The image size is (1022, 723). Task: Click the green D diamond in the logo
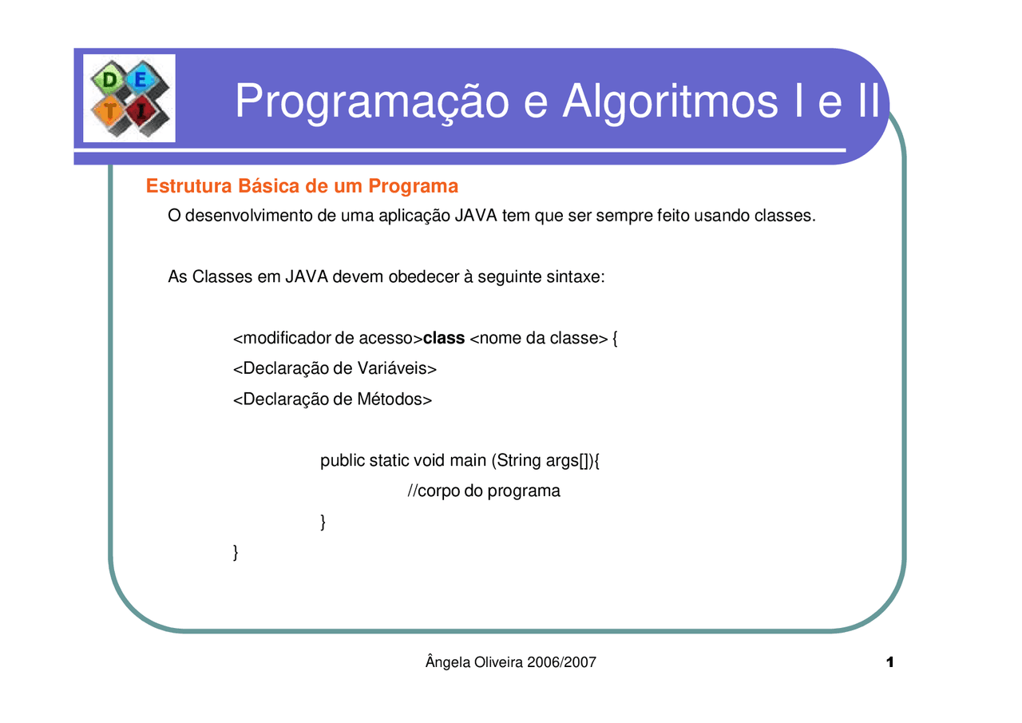[x=106, y=80]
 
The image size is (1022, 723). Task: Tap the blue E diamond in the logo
[x=141, y=78]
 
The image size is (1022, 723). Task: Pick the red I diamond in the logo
[x=141, y=113]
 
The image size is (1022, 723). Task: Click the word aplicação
[x=414, y=216]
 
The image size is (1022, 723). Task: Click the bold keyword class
[x=444, y=339]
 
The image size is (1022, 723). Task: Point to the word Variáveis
[x=398, y=369]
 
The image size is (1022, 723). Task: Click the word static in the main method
[x=389, y=461]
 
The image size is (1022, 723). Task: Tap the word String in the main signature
[x=520, y=461]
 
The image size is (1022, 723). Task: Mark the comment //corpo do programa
[x=484, y=491]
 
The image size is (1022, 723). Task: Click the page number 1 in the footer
[x=889, y=663]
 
